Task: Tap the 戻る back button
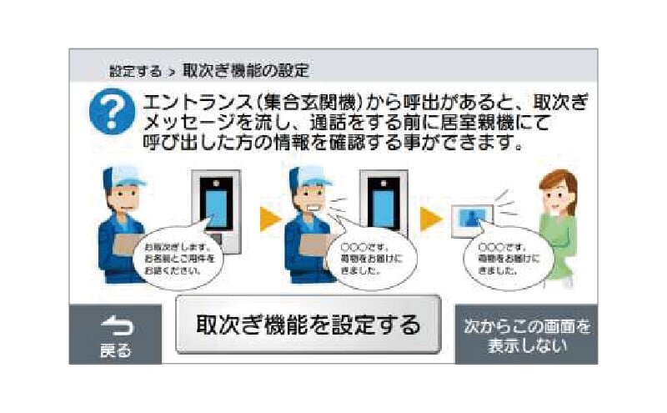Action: click(x=115, y=334)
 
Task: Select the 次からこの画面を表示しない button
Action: click(x=527, y=334)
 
